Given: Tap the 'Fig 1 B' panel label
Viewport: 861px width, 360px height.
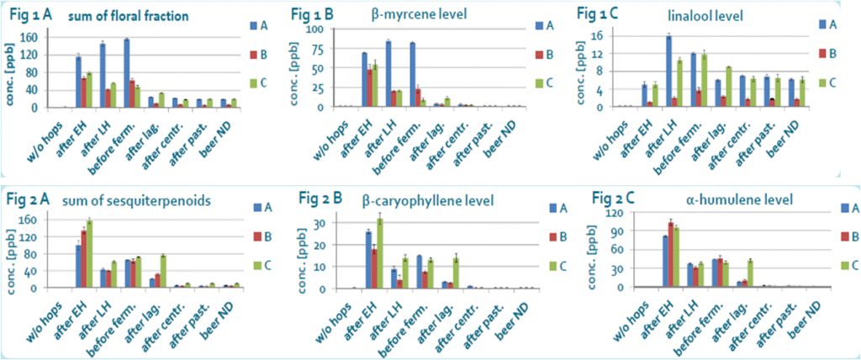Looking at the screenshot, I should [x=314, y=14].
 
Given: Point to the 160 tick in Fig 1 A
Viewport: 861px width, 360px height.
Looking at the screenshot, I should [x=33, y=38].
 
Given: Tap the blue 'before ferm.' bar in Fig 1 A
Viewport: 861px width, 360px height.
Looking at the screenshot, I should [x=126, y=73].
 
